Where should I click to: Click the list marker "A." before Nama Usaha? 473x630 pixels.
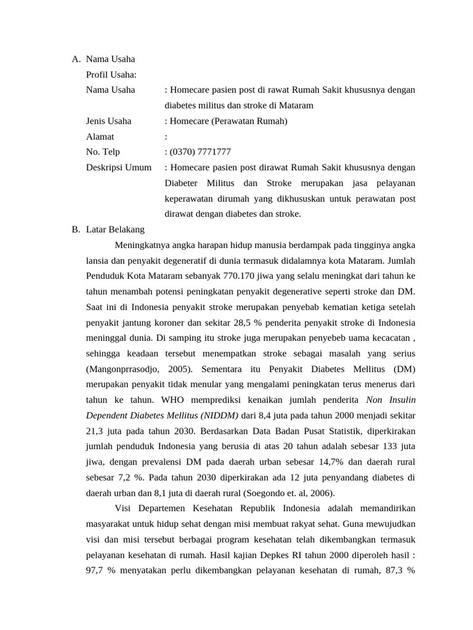(76, 59)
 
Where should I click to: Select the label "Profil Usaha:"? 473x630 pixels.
(111, 74)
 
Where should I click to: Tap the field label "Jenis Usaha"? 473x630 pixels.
(108, 121)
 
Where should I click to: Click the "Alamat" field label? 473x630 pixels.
(100, 137)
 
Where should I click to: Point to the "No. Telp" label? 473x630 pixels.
(103, 152)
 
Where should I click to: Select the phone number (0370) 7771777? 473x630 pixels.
(200, 152)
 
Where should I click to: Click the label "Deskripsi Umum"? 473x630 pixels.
(119, 167)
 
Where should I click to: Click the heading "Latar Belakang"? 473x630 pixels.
(115, 229)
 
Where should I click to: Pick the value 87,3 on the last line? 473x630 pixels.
(392, 570)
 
